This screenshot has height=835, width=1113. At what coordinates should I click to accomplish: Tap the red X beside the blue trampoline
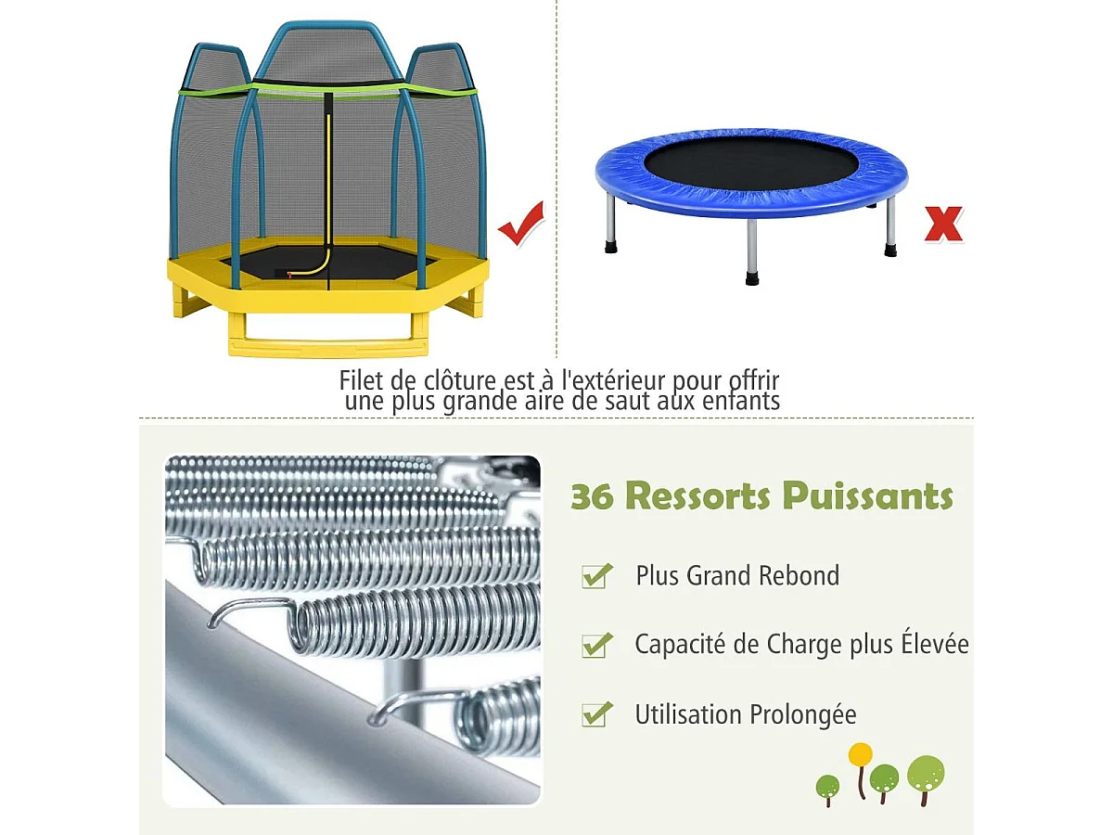(x=943, y=224)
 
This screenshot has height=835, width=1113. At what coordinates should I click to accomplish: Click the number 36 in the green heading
(x=593, y=496)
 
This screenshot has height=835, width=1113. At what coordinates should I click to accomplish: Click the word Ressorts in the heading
(x=701, y=496)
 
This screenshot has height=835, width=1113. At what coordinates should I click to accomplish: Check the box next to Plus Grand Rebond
(x=596, y=576)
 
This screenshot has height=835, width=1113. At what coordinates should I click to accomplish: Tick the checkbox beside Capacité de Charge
(x=596, y=645)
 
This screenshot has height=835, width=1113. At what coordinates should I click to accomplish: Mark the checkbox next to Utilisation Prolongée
(x=596, y=714)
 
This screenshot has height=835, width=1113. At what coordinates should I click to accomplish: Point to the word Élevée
(x=935, y=644)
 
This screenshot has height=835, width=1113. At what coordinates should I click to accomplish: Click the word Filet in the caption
(x=359, y=380)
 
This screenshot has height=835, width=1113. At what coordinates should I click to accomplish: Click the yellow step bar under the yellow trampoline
(x=329, y=348)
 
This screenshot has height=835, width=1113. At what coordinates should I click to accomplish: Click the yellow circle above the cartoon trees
(x=861, y=753)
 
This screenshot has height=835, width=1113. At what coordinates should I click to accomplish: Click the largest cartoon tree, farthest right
(x=926, y=774)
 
